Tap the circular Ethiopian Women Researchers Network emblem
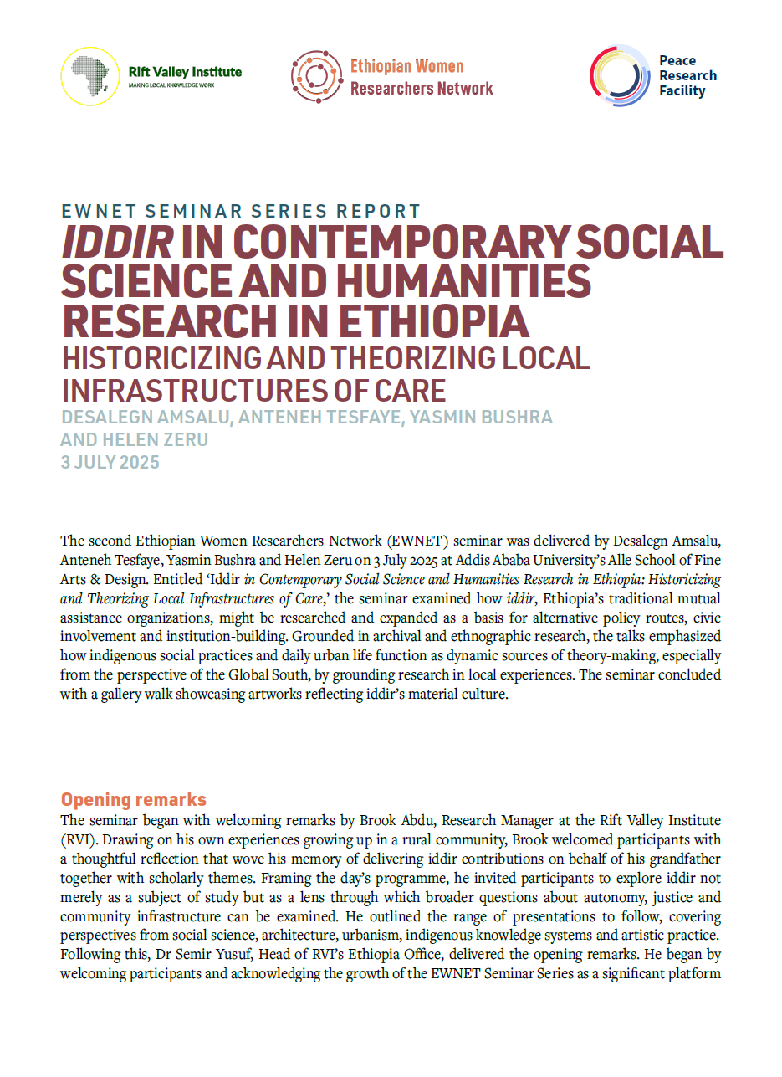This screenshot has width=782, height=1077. [317, 76]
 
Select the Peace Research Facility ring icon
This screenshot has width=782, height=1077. [620, 75]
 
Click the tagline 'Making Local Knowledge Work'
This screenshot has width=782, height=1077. [171, 86]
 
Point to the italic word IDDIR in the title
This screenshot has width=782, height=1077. [117, 243]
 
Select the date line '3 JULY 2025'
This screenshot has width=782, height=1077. [110, 461]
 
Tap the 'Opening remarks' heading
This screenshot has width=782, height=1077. [134, 799]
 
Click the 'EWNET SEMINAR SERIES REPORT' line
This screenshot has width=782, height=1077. [241, 211]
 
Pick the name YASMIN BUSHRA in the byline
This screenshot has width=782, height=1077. [475, 418]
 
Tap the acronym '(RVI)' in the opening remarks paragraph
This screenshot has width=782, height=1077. [79, 839]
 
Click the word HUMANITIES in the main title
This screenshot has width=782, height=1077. [472, 282]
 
